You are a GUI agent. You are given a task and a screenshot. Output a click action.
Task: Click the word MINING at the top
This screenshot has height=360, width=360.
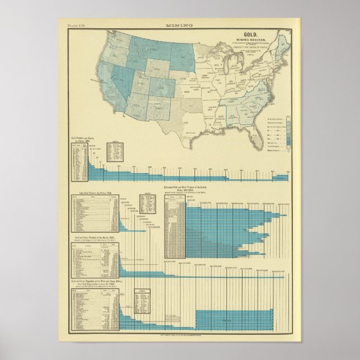179,25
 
